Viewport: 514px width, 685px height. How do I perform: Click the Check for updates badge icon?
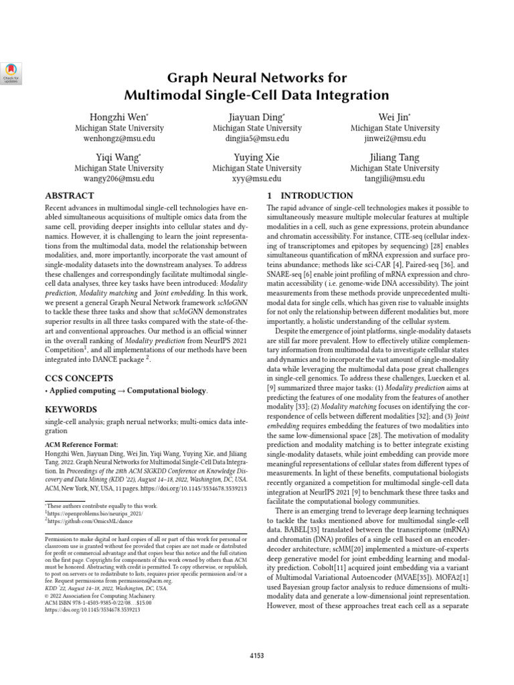tap(12, 72)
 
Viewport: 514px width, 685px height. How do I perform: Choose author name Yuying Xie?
tap(256, 157)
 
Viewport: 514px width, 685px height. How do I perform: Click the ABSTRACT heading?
tap(70, 196)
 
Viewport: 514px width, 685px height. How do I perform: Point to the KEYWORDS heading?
tap(70, 409)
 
